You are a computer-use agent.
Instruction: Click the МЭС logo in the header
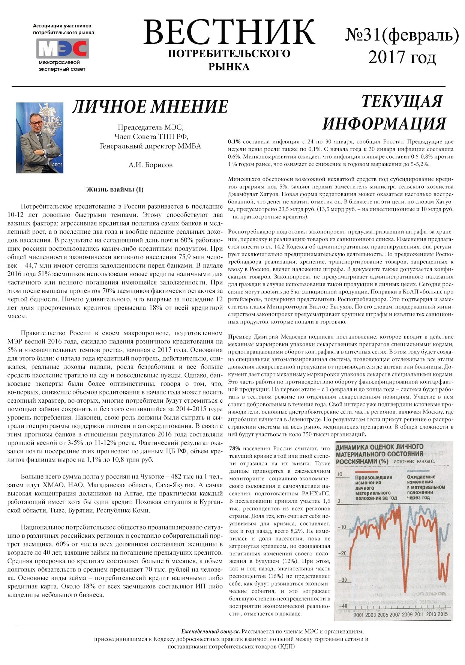coord(63,48)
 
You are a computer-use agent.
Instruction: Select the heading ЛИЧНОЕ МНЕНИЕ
coord(150,107)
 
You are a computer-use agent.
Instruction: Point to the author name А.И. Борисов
coord(150,165)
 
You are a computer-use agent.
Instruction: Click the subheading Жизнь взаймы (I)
coord(115,189)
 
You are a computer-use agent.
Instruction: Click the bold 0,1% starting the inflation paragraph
coord(234,142)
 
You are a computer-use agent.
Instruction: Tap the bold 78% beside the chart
coord(234,448)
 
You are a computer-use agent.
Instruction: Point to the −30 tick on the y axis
coord(343,580)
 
